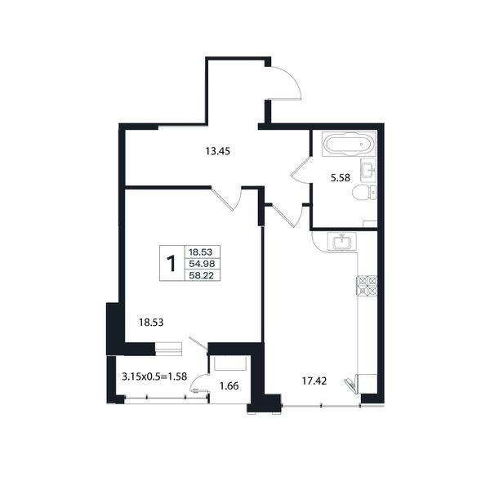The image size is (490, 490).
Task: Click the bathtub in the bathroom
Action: (349, 144)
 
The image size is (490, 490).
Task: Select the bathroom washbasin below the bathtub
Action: (368, 170)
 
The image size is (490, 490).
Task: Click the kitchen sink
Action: (342, 242)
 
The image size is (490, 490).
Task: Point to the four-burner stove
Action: (367, 286)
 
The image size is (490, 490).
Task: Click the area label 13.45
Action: (218, 151)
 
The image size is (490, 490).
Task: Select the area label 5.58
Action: (341, 178)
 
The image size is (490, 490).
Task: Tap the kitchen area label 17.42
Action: (314, 381)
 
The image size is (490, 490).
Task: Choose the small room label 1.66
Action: (229, 386)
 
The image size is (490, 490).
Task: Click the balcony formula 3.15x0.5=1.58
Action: (154, 376)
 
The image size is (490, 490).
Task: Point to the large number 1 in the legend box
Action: (171, 264)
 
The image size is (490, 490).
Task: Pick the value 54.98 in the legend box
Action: (203, 264)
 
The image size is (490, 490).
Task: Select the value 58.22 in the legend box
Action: (203, 275)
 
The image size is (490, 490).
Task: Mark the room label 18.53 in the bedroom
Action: (151, 323)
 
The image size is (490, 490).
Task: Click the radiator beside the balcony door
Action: (168, 349)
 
